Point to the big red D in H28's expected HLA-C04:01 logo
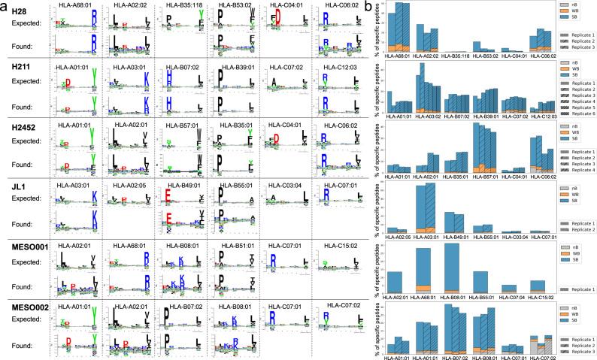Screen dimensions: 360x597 coord(277,16)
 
